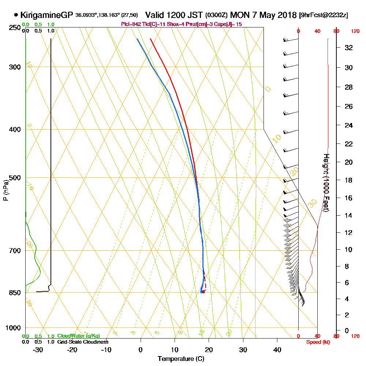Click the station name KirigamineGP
pyautogui.click(x=47, y=15)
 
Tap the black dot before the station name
pyautogui.click(x=16, y=15)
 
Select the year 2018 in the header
pyautogui.click(x=287, y=15)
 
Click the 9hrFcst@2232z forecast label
pyautogui.click(x=323, y=15)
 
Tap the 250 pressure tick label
pyautogui.click(x=13, y=28)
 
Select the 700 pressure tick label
pyautogui.click(x=13, y=251)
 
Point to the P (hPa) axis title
pyautogui.click(x=5, y=190)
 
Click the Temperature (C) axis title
pyautogui.click(x=181, y=359)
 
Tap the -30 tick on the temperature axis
pyautogui.click(x=38, y=350)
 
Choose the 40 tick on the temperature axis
pyautogui.click(x=277, y=350)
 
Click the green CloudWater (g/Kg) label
pyautogui.click(x=78, y=336)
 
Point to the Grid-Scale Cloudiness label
pyautogui.click(x=83, y=342)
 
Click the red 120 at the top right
pyautogui.click(x=355, y=31)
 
